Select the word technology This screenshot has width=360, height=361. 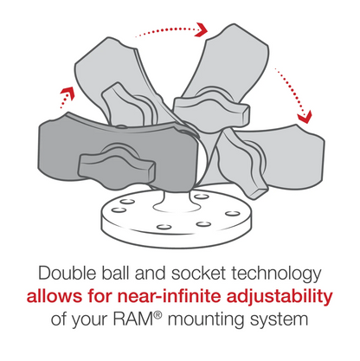point(279,273)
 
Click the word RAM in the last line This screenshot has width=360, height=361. point(134,320)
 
